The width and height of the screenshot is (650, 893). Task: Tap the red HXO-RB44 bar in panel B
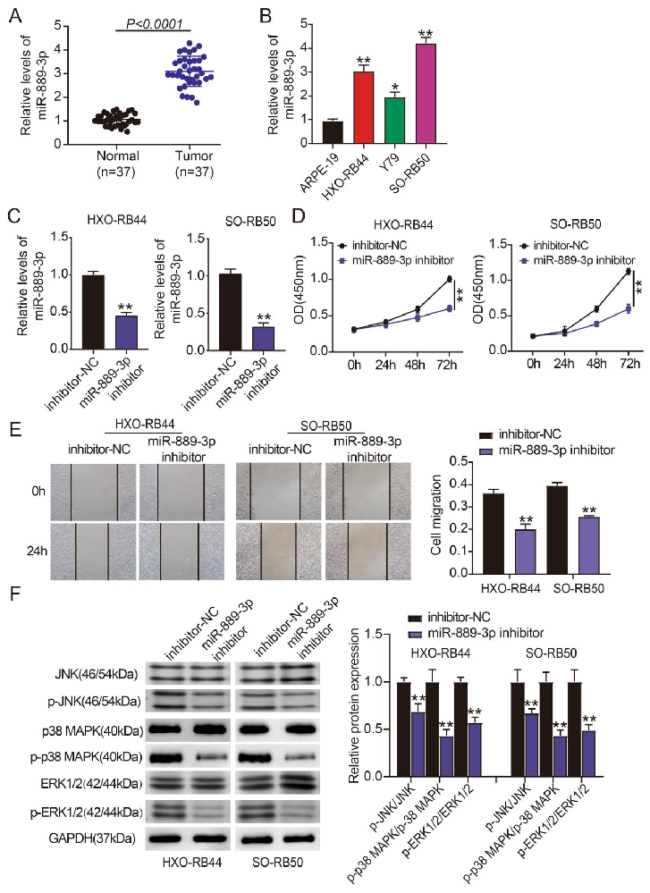(364, 107)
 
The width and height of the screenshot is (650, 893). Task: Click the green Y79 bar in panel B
(395, 121)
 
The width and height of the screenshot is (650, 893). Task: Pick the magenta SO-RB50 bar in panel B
(426, 94)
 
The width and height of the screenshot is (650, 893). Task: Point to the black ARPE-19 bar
(333, 132)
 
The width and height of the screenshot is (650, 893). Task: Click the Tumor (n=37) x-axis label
(194, 164)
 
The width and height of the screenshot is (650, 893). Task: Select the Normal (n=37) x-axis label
(117, 164)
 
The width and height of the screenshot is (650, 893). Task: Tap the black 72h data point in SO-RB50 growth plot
(629, 272)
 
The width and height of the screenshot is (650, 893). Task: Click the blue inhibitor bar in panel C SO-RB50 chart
(263, 338)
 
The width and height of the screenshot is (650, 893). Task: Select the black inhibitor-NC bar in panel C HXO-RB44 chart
(93, 312)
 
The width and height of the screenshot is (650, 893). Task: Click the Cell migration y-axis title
(436, 516)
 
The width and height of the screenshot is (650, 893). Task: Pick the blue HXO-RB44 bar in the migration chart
(525, 552)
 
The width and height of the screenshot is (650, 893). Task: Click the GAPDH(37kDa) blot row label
(92, 838)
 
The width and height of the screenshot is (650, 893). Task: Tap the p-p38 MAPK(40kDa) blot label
(86, 757)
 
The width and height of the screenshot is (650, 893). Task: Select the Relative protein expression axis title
(354, 705)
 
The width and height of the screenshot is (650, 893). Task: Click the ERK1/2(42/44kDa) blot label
(91, 784)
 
